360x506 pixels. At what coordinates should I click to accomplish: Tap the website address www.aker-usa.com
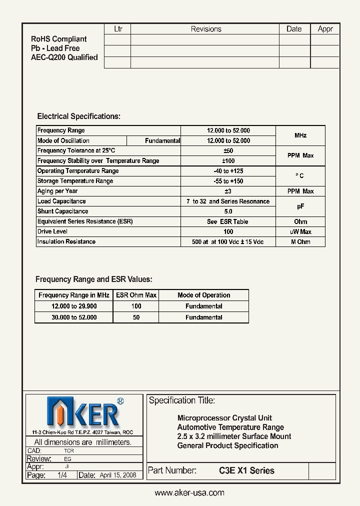pyautogui.click(x=189, y=492)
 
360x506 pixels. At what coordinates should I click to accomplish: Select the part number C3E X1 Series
pyautogui.click(x=246, y=470)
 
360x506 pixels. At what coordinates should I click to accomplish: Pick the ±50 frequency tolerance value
pyautogui.click(x=228, y=150)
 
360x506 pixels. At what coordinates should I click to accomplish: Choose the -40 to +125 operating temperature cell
pyautogui.click(x=228, y=171)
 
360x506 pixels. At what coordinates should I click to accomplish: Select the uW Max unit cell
pyautogui.click(x=300, y=231)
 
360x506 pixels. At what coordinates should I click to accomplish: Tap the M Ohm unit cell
pyautogui.click(x=300, y=242)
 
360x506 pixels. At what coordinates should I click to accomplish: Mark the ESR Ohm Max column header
pyautogui.click(x=136, y=295)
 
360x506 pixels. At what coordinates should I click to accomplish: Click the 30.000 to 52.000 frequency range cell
pyautogui.click(x=74, y=317)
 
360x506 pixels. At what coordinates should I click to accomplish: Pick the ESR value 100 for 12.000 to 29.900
pyautogui.click(x=136, y=306)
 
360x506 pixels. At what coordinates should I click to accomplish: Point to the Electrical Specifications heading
pyautogui.click(x=79, y=116)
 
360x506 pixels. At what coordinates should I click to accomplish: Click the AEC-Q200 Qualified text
pyautogui.click(x=64, y=57)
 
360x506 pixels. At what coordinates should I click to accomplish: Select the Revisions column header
pyautogui.click(x=205, y=29)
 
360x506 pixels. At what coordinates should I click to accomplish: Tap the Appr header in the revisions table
pyautogui.click(x=325, y=29)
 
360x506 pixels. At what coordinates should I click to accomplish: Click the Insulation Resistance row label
pyautogui.click(x=66, y=242)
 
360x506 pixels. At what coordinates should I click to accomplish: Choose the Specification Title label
pyautogui.click(x=182, y=400)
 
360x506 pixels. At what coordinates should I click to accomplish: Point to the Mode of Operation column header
pyautogui.click(x=203, y=295)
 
